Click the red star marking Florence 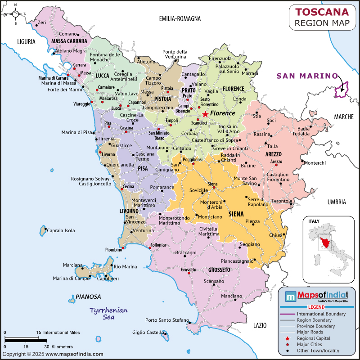pos(205,114)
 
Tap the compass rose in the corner pos(14,14)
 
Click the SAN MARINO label pos(307,76)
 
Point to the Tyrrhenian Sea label pos(108,314)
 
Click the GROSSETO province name pos(219,270)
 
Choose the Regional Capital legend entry pos(313,338)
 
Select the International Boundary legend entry pos(321,314)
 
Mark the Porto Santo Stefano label pos(167,320)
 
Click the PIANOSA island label pos(88,297)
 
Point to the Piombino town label pos(113,249)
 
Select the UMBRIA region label pos(337,202)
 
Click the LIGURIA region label pos(26,42)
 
